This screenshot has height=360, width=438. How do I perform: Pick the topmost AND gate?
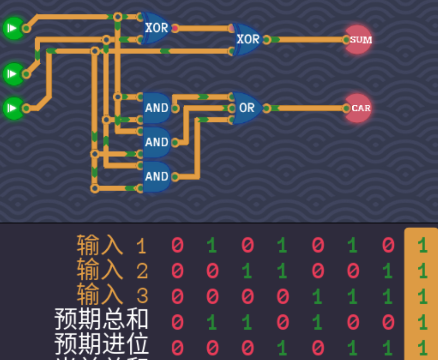[156, 108]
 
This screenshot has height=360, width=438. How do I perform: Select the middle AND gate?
[156, 142]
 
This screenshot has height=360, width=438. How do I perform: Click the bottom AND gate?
[156, 176]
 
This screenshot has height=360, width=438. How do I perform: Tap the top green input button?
[13, 28]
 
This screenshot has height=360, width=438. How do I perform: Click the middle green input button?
[13, 74]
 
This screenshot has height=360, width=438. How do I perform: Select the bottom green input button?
[13, 108]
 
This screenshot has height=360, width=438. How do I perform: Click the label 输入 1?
[111, 245]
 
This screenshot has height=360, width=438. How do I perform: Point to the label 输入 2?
[111, 270]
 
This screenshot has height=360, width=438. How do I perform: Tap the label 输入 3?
[111, 295]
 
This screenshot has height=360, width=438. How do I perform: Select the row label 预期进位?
[101, 344]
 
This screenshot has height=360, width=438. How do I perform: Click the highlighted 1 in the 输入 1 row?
[422, 245]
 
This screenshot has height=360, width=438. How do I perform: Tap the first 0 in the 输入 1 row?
[177, 245]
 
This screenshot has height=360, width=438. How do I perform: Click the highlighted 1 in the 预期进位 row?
[422, 347]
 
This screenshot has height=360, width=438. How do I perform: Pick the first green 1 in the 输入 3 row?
[317, 296]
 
